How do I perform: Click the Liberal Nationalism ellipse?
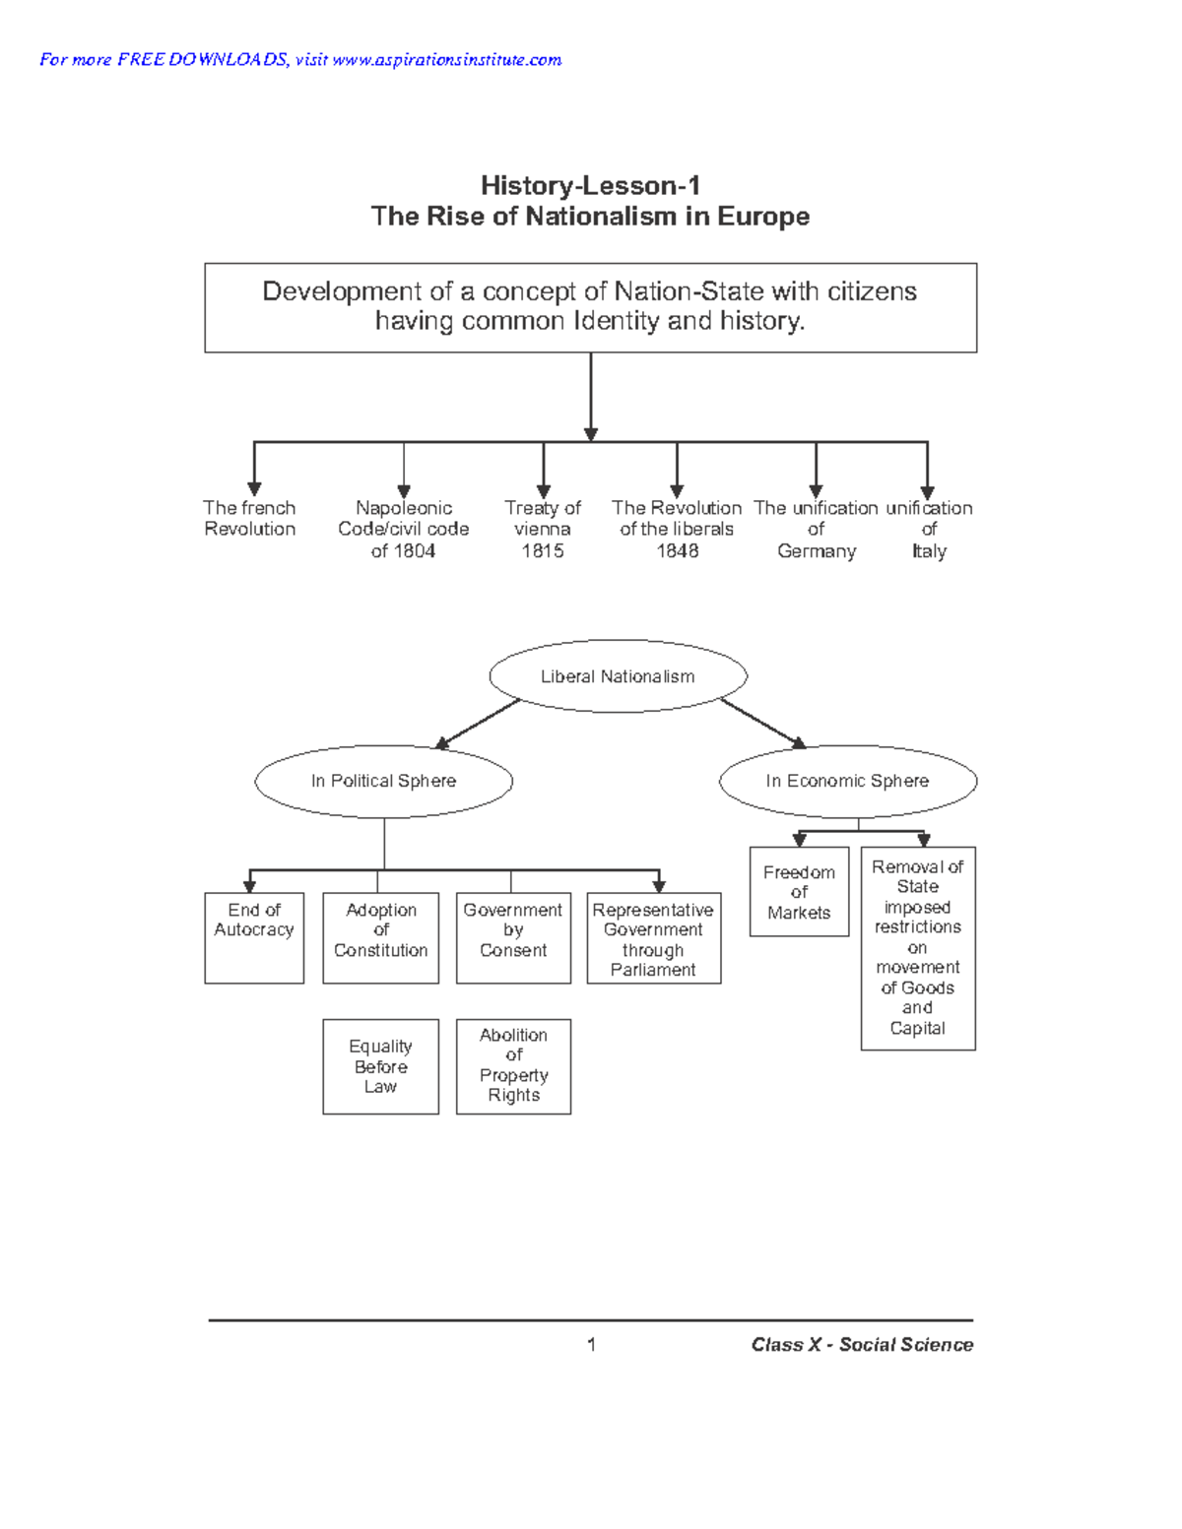pyautogui.click(x=618, y=676)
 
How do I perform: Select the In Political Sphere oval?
pyautogui.click(x=383, y=781)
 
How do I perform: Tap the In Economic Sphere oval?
pyautogui.click(x=847, y=781)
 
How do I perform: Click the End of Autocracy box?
pyautogui.click(x=254, y=937)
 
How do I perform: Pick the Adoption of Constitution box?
pyautogui.click(x=380, y=937)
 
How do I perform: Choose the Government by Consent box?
pyautogui.click(x=513, y=937)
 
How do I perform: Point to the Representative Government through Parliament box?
pyautogui.click(x=653, y=938)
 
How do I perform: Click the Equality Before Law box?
pyautogui.click(x=380, y=1066)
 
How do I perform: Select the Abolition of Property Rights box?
pyautogui.click(x=513, y=1066)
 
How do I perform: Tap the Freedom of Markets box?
pyautogui.click(x=799, y=892)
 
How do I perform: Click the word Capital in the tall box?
pyautogui.click(x=917, y=1029)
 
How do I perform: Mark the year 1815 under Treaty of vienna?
pyautogui.click(x=542, y=551)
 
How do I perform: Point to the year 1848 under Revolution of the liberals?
pyautogui.click(x=677, y=551)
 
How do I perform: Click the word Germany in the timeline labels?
pyautogui.click(x=816, y=551)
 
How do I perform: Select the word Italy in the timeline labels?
pyautogui.click(x=929, y=551)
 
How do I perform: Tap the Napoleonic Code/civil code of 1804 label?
pyautogui.click(x=403, y=530)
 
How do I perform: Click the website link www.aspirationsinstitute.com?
pyautogui.click(x=446, y=60)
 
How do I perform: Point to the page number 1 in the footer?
pyautogui.click(x=591, y=1345)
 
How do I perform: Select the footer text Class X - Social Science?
pyautogui.click(x=862, y=1345)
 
